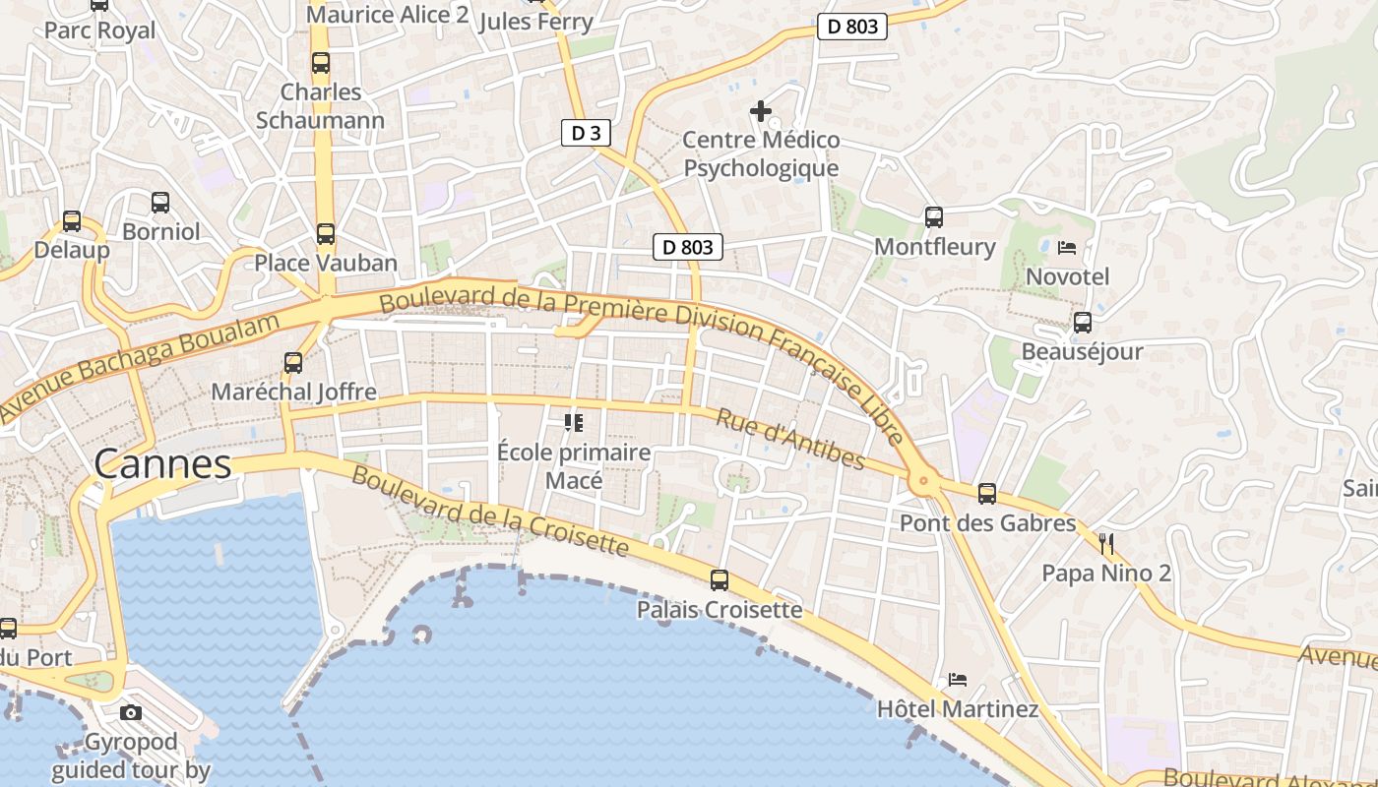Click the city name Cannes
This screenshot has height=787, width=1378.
click(x=162, y=463)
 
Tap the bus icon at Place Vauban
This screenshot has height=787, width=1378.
click(x=325, y=234)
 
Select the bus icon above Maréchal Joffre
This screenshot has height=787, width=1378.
click(x=292, y=362)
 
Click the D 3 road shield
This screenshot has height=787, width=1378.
click(x=586, y=133)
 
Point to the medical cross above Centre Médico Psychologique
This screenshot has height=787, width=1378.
click(x=761, y=111)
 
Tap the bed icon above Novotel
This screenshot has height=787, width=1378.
click(x=1067, y=247)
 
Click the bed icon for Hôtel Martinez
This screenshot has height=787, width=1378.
click(x=957, y=679)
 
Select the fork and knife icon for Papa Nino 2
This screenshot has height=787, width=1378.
click(x=1106, y=543)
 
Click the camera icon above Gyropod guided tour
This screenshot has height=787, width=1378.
click(x=131, y=712)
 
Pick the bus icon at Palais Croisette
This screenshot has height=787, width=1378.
click(x=720, y=580)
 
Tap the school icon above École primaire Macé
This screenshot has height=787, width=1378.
click(x=574, y=423)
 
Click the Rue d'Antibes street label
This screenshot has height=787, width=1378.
click(x=790, y=440)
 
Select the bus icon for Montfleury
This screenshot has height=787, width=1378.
click(x=934, y=217)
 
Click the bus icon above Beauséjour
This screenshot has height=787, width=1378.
click(x=1082, y=322)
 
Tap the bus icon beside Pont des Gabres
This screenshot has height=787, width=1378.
click(x=987, y=494)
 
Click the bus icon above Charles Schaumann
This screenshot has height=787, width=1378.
click(x=321, y=63)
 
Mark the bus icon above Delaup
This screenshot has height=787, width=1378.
click(x=72, y=221)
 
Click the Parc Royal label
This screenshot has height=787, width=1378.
click(x=99, y=30)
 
